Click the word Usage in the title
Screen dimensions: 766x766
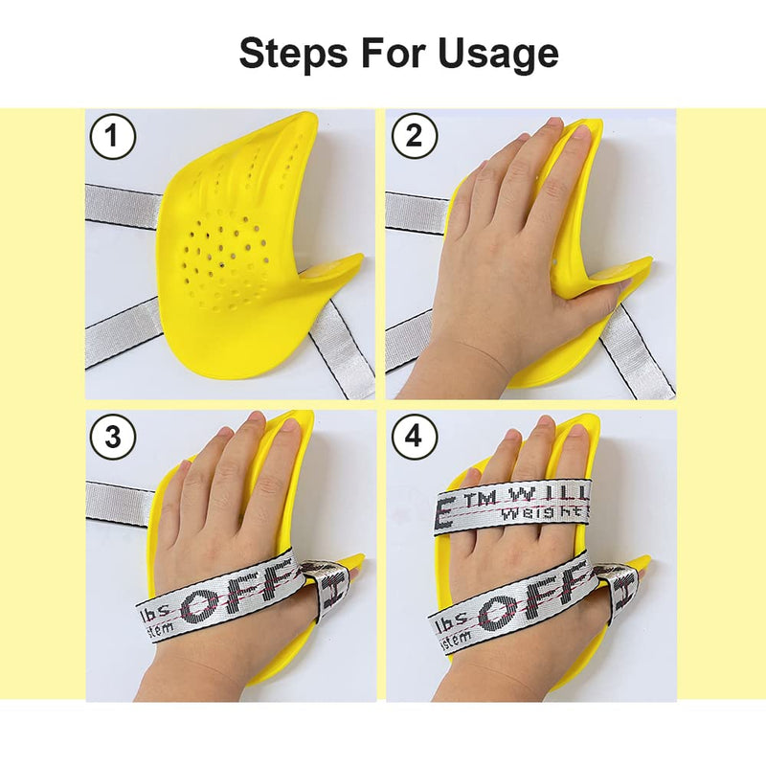click(499, 54)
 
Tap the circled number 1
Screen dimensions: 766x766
click(113, 138)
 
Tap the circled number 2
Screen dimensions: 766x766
click(414, 138)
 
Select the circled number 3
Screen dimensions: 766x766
click(113, 438)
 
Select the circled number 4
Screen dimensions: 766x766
click(414, 438)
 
